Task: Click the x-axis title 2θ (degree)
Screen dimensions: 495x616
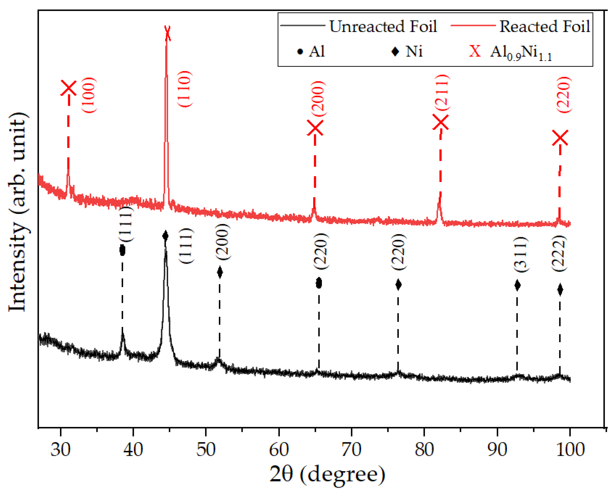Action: point(327,474)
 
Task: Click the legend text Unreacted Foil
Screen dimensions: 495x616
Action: point(383,26)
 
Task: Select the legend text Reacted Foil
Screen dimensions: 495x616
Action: point(545,26)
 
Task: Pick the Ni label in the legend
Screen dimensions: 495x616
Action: point(414,52)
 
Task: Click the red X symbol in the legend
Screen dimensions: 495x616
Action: point(475,51)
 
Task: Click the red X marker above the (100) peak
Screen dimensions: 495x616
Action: point(69,88)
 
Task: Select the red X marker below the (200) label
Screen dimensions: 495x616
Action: point(315,128)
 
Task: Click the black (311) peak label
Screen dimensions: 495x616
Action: point(521,254)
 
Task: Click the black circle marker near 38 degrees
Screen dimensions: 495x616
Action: point(122,250)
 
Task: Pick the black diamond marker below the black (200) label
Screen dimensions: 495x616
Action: point(220,272)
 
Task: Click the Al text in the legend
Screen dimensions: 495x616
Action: point(316,52)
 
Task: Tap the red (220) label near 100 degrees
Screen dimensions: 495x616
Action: point(564,95)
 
